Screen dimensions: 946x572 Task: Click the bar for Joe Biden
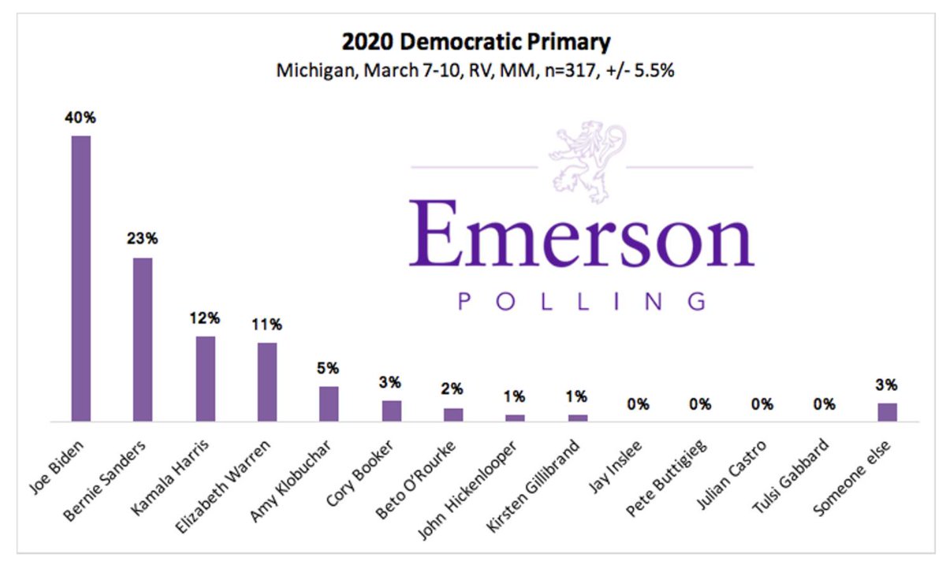(80, 278)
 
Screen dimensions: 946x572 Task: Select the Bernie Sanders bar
(143, 340)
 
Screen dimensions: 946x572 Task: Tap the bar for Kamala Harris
(205, 379)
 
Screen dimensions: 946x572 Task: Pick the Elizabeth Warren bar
(267, 382)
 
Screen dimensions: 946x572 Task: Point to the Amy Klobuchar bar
(329, 403)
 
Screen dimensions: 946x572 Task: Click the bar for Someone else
(888, 412)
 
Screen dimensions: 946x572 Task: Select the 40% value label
(80, 117)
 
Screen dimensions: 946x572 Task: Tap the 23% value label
(143, 239)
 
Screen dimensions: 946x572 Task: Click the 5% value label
(328, 368)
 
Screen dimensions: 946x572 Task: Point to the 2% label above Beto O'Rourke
(452, 388)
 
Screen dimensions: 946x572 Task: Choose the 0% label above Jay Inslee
(638, 404)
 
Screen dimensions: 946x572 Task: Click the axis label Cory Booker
(359, 473)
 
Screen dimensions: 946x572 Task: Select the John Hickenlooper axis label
(467, 490)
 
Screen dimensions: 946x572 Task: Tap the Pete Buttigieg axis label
(666, 478)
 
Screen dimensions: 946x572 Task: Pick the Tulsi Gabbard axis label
(790, 476)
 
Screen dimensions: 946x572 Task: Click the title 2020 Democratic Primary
(476, 42)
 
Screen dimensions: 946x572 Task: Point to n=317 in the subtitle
(572, 70)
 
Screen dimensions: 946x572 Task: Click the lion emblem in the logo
(588, 162)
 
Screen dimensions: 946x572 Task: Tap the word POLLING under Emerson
(582, 302)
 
